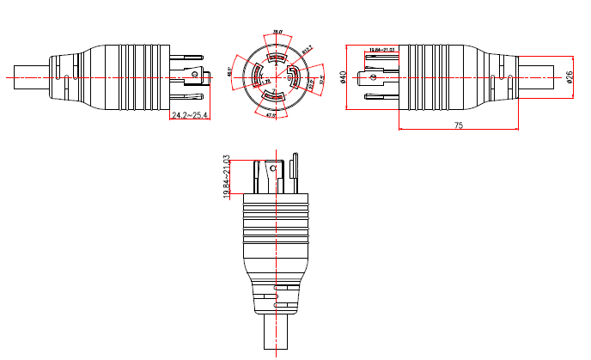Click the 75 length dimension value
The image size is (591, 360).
click(x=458, y=125)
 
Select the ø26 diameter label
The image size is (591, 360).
click(x=570, y=76)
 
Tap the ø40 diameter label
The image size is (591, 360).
click(x=344, y=77)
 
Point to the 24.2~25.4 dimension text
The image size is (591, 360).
click(x=189, y=115)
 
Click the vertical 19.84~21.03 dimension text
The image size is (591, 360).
click(x=227, y=178)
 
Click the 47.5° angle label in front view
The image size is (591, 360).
click(x=270, y=114)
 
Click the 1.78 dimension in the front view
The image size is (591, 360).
click(x=265, y=82)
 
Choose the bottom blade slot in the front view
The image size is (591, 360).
click(x=275, y=97)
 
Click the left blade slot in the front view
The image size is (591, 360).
click(x=256, y=77)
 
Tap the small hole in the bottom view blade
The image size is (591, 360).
click(x=273, y=169)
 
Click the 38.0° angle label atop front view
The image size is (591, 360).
click(x=277, y=33)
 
